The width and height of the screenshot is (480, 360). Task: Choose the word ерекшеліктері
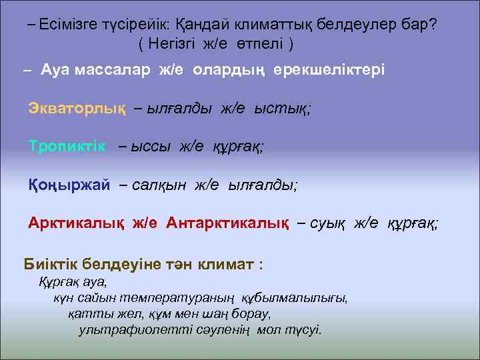(x=326, y=70)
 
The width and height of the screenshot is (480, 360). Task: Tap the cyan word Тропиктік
(x=67, y=147)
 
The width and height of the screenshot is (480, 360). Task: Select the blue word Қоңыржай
(x=69, y=185)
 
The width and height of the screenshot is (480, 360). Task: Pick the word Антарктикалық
(x=227, y=223)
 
